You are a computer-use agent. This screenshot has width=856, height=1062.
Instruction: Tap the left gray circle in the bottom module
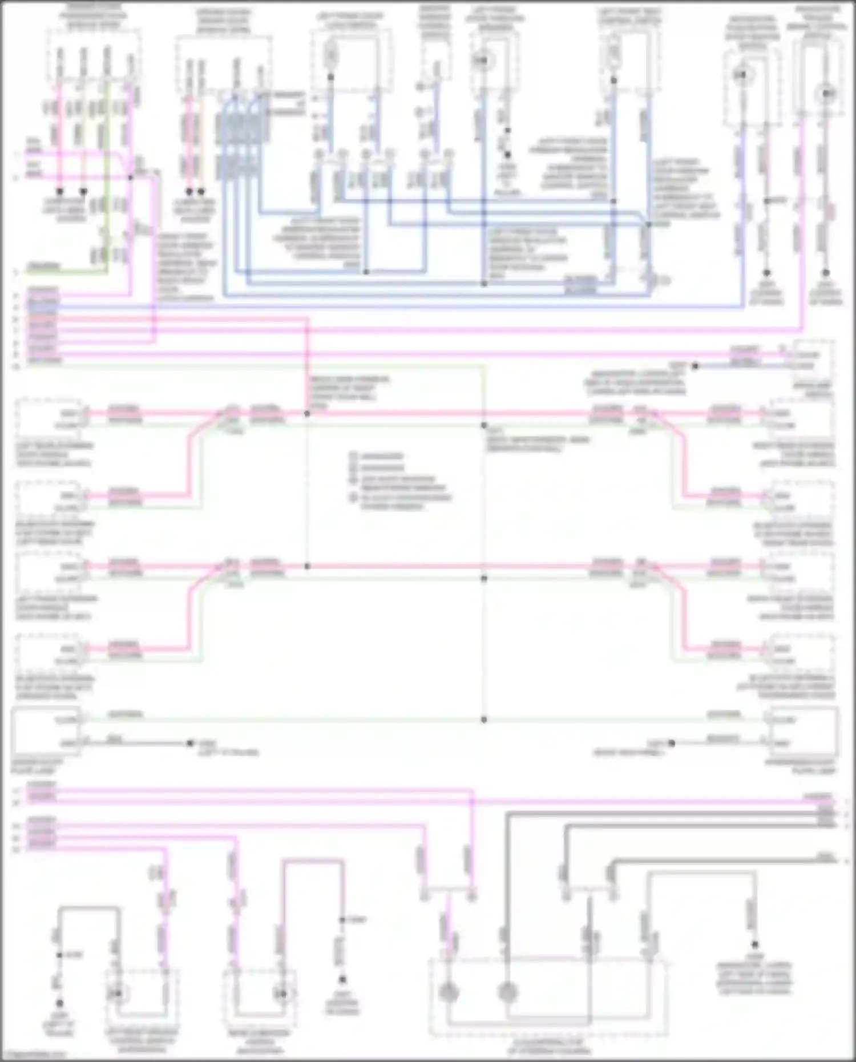(449, 994)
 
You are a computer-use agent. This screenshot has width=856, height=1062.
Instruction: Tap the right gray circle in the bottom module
(507, 994)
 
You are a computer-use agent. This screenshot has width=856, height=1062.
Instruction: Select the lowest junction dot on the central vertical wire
(484, 720)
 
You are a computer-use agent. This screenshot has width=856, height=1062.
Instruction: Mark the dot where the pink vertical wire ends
(307, 567)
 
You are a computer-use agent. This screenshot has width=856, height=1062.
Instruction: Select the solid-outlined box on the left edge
(46, 731)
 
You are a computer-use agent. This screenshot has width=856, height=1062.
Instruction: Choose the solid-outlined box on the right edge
(804, 731)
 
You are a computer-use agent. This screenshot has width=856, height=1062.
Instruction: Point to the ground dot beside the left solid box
(190, 743)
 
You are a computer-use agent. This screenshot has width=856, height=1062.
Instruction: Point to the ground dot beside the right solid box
(672, 743)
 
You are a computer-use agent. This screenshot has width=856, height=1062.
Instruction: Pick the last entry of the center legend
(399, 501)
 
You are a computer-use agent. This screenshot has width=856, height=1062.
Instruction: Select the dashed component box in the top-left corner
(94, 57)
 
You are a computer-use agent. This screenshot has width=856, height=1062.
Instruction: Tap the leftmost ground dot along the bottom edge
(59, 1003)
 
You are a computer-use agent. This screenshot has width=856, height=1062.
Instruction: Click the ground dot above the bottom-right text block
(754, 944)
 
